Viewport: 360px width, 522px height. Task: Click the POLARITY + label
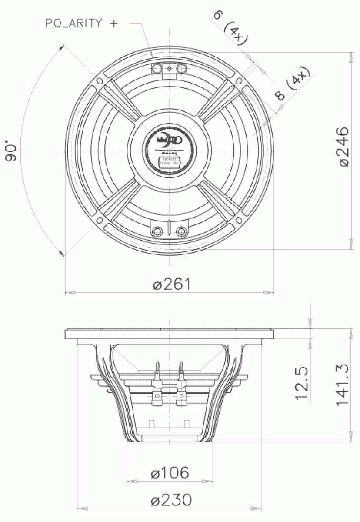[x=82, y=23]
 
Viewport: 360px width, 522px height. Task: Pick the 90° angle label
[x=12, y=151]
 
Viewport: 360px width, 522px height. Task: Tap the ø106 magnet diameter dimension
[x=170, y=473]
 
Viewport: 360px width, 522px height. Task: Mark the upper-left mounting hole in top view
[x=100, y=81]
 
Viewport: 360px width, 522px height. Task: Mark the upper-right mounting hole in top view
[x=238, y=81]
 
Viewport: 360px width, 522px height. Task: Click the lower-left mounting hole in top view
[x=100, y=220]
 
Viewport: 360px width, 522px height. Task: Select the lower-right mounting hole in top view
[x=238, y=220]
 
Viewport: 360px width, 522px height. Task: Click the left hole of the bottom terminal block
[x=157, y=231]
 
